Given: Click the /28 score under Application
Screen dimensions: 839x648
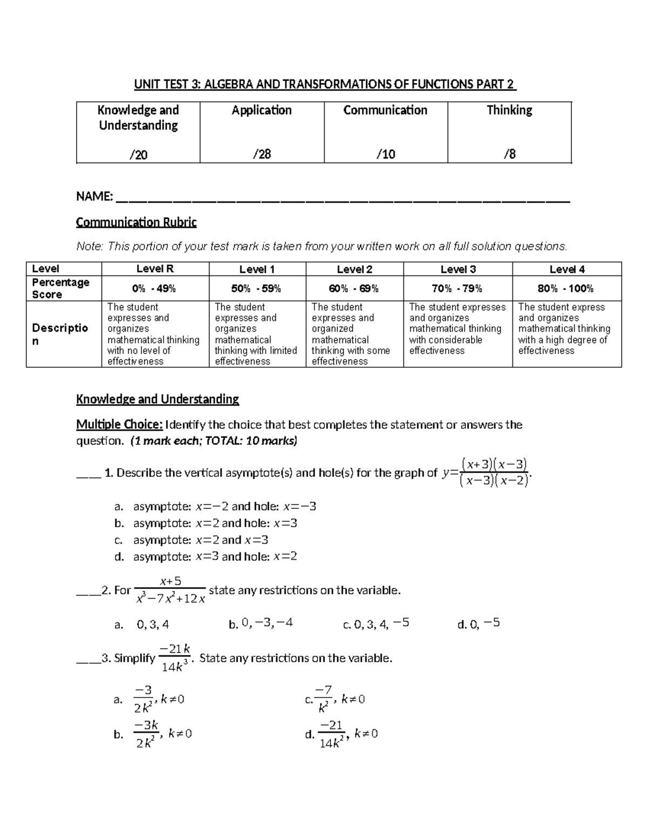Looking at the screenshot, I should click(262, 155).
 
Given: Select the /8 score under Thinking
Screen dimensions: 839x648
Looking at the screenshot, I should click(509, 155).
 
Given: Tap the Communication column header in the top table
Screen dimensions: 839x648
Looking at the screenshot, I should click(385, 110).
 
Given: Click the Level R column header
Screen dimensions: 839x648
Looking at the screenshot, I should click(155, 269).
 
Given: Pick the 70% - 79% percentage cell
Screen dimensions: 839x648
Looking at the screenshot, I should click(457, 288).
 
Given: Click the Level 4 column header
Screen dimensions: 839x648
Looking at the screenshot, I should click(566, 269).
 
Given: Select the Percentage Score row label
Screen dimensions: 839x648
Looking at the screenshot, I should click(60, 288).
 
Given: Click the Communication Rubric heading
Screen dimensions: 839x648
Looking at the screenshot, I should click(136, 222).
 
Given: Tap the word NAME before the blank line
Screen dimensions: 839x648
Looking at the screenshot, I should click(94, 197).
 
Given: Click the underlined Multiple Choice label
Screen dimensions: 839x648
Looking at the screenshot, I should click(119, 425).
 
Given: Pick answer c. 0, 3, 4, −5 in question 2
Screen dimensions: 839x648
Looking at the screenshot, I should click(376, 624).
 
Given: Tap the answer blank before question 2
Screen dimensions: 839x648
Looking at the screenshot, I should click(88, 590).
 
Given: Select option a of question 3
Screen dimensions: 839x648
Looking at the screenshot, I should click(157, 700).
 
